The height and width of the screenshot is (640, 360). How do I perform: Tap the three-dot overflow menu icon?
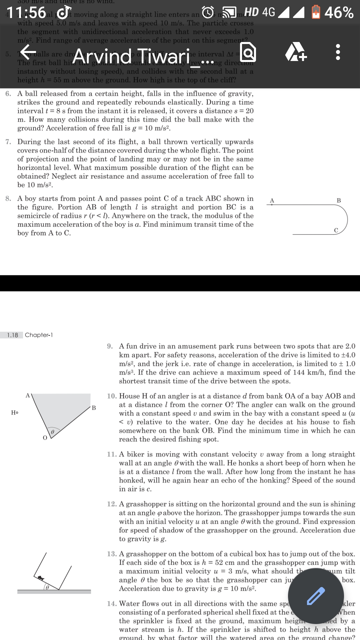(x=338, y=53)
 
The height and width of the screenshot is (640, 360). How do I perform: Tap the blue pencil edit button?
(x=316, y=596)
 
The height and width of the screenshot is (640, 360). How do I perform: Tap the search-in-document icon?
(x=248, y=53)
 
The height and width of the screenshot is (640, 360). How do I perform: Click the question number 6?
(x=8, y=94)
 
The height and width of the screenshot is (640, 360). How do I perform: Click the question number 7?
(x=8, y=142)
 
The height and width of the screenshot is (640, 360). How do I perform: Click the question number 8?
(x=8, y=199)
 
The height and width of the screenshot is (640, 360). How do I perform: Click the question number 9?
(x=110, y=346)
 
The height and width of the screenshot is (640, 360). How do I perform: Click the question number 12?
(x=111, y=504)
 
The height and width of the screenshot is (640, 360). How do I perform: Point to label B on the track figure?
(x=339, y=200)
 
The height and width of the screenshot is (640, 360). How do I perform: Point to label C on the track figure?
(x=336, y=230)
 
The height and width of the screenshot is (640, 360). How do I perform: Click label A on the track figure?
(x=272, y=200)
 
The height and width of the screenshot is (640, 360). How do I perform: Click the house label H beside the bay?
(x=14, y=413)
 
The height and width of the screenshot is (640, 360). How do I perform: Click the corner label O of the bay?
(x=45, y=438)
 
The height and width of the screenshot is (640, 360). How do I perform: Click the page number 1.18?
(x=12, y=335)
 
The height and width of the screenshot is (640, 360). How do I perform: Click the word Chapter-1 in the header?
(x=39, y=335)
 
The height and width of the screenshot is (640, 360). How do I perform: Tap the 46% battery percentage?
(x=339, y=13)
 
